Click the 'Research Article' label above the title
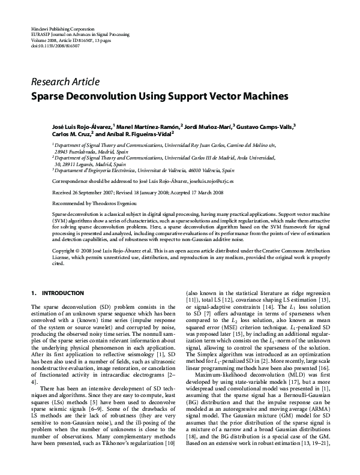[x=65, y=82]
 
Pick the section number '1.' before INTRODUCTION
[x=34, y=293]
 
